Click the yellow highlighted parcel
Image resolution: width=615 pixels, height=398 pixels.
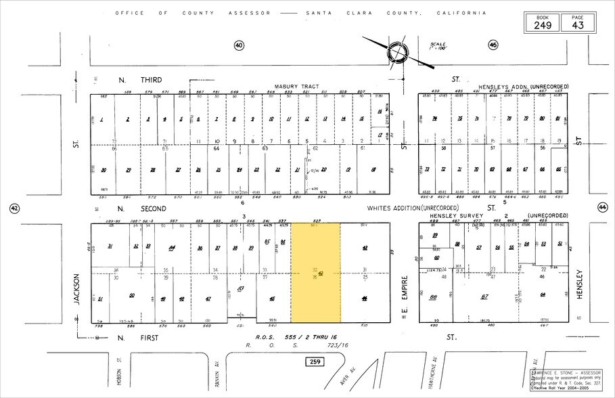click(x=315, y=273)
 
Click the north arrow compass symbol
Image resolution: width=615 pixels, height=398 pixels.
click(x=396, y=52)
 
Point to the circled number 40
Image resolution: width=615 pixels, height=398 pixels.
click(x=239, y=45)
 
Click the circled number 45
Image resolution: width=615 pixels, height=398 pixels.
click(x=493, y=45)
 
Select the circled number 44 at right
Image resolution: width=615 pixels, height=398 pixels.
click(x=602, y=208)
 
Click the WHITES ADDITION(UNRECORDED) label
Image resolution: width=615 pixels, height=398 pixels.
click(x=413, y=208)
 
